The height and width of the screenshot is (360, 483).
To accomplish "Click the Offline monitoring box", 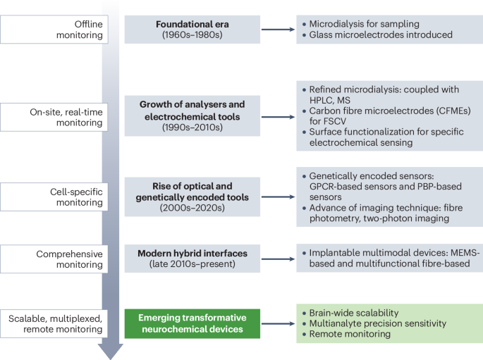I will point(56,29).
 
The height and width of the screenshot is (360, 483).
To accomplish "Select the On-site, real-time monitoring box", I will point(56,116).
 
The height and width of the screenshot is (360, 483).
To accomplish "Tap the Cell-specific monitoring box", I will point(56,196).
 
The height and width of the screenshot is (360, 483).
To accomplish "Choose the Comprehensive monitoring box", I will point(56,259).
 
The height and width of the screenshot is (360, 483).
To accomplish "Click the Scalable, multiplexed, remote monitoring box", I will point(56,323).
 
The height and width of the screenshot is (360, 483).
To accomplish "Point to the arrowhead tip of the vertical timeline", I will point(110,357).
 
